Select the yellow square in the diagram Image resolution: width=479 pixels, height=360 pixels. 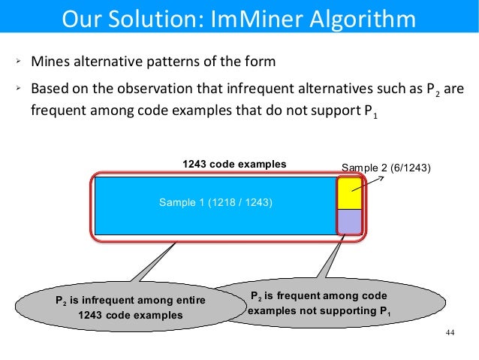point(349,193)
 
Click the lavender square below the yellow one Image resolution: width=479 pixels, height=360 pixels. point(349,221)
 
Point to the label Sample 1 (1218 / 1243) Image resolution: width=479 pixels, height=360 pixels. point(215,204)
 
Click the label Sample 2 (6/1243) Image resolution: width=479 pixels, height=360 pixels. point(386,168)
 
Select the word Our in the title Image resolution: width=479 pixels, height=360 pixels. point(79,18)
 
